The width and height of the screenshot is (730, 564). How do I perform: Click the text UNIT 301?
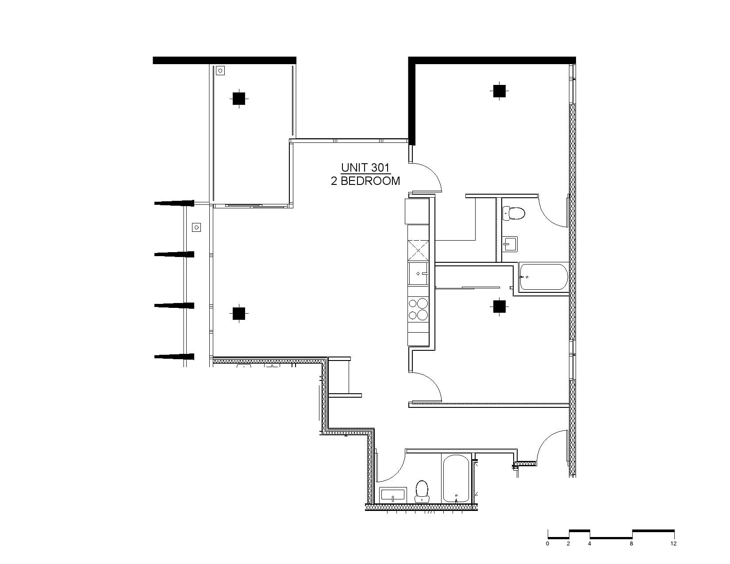(x=365, y=167)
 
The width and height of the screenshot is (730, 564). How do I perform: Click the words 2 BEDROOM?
(x=365, y=181)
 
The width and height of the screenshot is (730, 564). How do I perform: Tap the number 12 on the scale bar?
(x=673, y=544)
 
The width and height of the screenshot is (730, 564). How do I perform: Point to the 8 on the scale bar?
(x=631, y=544)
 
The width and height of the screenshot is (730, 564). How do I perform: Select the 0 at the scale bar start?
(x=548, y=544)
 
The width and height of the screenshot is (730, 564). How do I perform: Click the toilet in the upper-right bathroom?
(x=514, y=213)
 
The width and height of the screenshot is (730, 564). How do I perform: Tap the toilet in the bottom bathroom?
(x=422, y=491)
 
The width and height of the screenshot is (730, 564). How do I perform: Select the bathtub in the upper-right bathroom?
(x=544, y=277)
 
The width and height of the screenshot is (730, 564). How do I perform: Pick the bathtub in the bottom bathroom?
(x=456, y=479)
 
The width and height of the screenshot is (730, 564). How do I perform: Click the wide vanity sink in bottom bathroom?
(x=393, y=495)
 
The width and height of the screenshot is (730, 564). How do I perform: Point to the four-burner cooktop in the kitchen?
(x=418, y=309)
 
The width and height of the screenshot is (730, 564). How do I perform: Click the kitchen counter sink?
(x=418, y=274)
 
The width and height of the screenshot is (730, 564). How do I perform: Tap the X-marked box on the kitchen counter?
(x=418, y=250)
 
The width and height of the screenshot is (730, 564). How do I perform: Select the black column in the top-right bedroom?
(x=499, y=91)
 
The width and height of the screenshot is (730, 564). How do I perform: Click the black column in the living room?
(x=239, y=314)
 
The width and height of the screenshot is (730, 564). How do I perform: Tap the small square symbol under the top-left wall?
(x=220, y=70)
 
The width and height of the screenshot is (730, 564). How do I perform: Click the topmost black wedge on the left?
(x=174, y=203)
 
